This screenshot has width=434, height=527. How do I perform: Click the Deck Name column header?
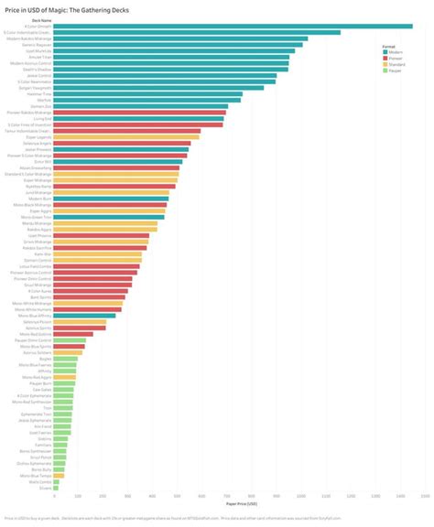point(42,19)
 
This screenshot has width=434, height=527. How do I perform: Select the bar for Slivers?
point(57,489)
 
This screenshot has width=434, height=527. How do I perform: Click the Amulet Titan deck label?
point(42,57)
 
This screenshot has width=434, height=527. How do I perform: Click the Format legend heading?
point(388,46)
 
